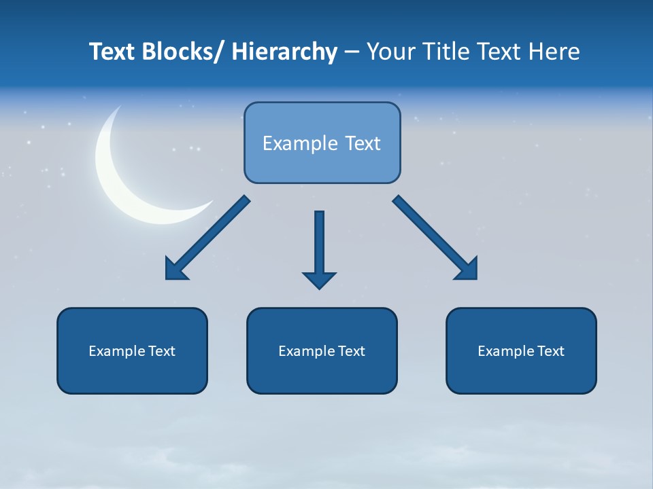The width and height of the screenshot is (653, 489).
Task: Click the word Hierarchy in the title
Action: pos(284,52)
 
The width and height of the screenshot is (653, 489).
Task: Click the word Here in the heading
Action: pos(554,52)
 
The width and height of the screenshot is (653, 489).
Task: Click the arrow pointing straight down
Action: pos(319,244)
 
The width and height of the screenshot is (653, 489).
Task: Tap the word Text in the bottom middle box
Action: pos(351,351)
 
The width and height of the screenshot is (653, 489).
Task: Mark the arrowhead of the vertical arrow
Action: pos(319,280)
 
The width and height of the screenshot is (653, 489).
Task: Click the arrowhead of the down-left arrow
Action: pos(175,270)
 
